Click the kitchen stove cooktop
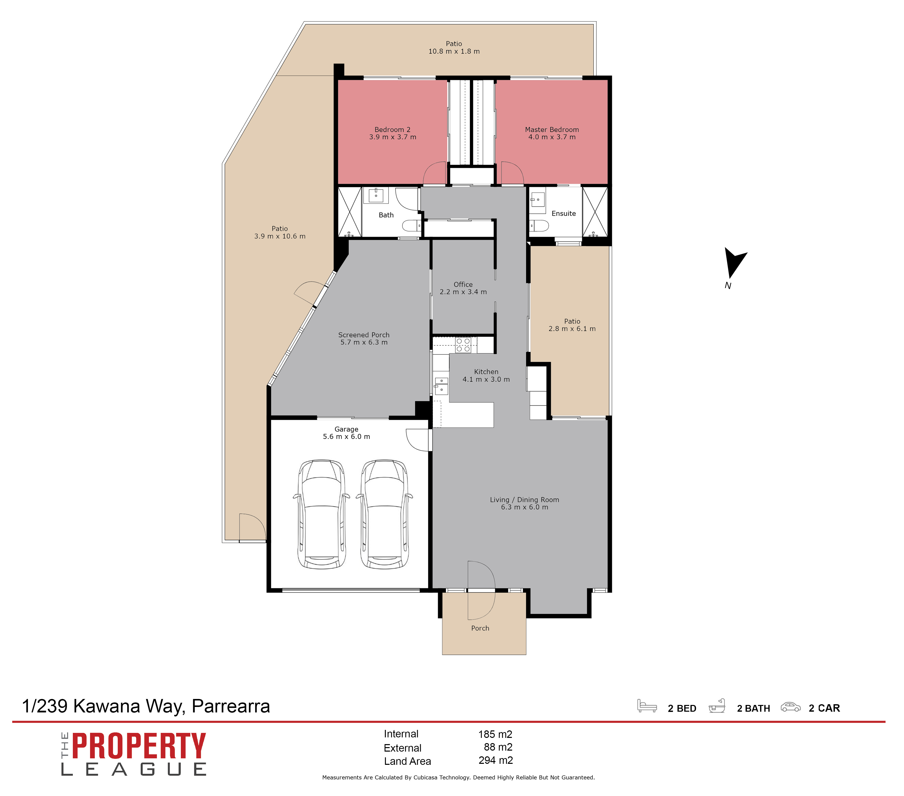(463, 345)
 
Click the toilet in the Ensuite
(539, 226)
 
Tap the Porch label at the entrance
(480, 628)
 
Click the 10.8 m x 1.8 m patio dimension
(454, 51)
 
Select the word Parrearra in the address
(231, 706)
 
